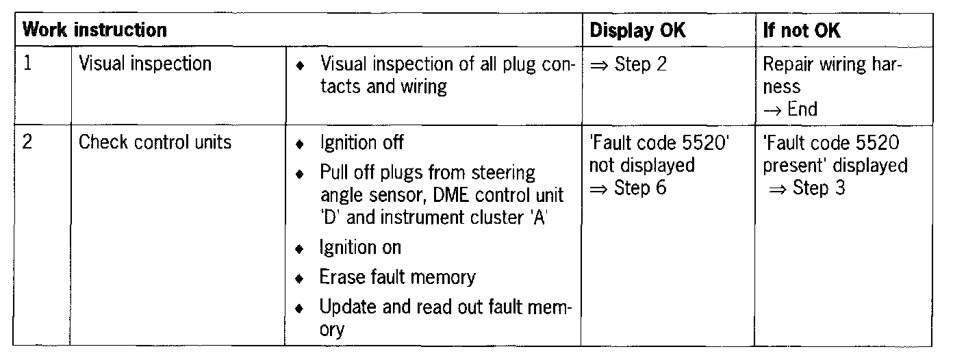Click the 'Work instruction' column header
point(94,31)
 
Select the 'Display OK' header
point(637,31)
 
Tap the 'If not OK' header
point(802,31)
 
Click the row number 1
point(28,64)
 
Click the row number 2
point(28,143)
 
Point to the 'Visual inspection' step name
point(145,64)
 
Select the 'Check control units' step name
point(155,143)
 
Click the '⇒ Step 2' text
point(627,65)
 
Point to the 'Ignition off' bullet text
point(361,143)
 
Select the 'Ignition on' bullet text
point(360,246)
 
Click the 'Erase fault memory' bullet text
point(397,277)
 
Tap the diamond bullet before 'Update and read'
point(299,309)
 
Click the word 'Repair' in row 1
point(786,65)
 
